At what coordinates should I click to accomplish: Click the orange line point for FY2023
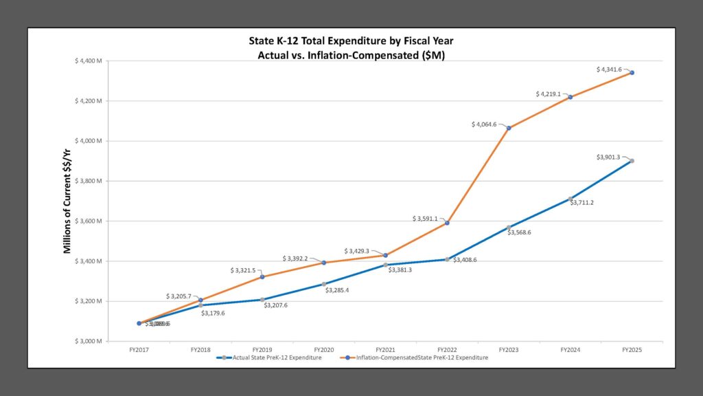coord(509,128)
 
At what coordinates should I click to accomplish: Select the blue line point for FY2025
coord(632,161)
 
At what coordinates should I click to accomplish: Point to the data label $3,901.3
coord(608,157)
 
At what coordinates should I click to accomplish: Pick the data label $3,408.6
coord(465,260)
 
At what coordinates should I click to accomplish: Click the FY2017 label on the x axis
coord(139,350)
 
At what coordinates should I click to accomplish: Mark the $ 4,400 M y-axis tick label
coord(89,61)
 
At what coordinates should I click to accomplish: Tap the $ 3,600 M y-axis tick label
coord(89,221)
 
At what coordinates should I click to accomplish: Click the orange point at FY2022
coord(447,223)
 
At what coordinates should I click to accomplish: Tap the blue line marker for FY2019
coord(262,300)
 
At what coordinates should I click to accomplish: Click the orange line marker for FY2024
coord(571,97)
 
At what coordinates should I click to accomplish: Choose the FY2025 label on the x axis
coord(632,350)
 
